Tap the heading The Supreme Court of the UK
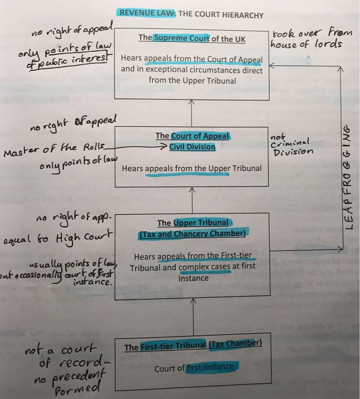[x=192, y=38]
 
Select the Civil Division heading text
[x=192, y=147]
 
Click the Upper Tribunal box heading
[x=192, y=228]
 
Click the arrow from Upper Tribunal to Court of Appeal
[x=192, y=199]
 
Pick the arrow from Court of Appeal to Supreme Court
[x=192, y=113]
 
